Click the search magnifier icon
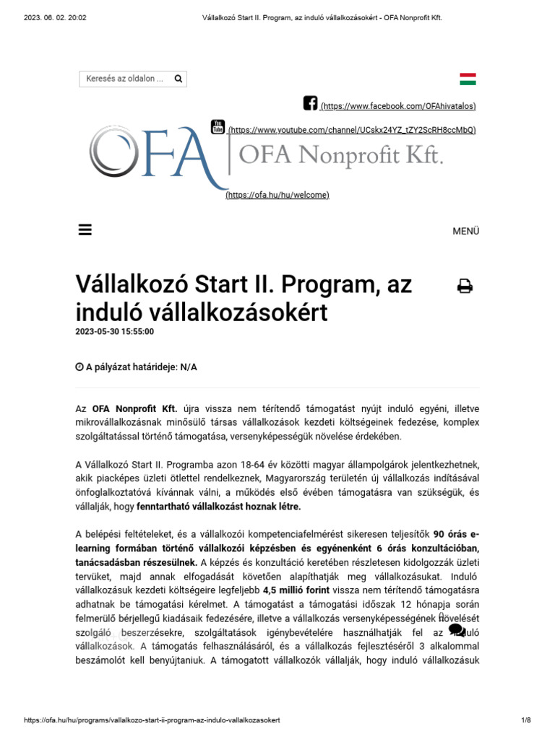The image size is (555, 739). pos(178,79)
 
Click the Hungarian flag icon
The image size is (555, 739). pos(468,79)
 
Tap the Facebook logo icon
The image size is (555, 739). pos(310,103)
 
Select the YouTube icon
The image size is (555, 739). pos(218,127)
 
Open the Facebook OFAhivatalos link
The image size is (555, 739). pos(398,106)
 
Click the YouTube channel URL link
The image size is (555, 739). pos(352,130)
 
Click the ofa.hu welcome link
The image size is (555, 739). pos(277,195)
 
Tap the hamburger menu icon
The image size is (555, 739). pos(85,230)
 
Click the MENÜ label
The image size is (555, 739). pos(465,231)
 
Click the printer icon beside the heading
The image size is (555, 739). pos(465,287)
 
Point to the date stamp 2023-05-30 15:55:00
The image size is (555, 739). pos(114,332)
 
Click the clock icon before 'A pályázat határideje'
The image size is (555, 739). pos(79,367)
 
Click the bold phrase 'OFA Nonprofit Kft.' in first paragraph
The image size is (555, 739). pos(134,408)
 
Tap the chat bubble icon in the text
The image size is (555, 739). pos(457,630)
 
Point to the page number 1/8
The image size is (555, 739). pos(526,720)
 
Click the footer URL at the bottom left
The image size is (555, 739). pos(152,720)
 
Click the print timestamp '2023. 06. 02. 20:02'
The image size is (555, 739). pos(55,17)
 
